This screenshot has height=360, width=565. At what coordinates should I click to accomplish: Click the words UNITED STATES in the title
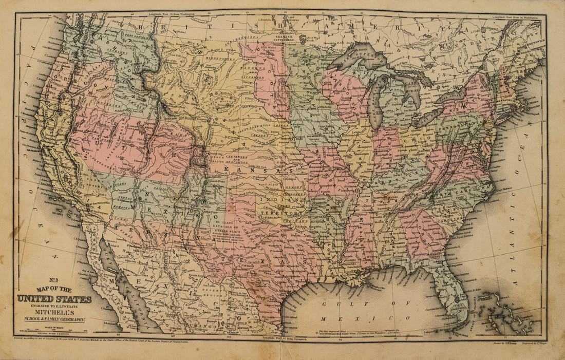[x=54, y=299]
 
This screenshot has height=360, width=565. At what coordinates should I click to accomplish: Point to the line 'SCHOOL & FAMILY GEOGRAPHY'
[x=54, y=319]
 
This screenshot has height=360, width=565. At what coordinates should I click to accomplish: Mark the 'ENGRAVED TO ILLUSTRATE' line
[x=54, y=306]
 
